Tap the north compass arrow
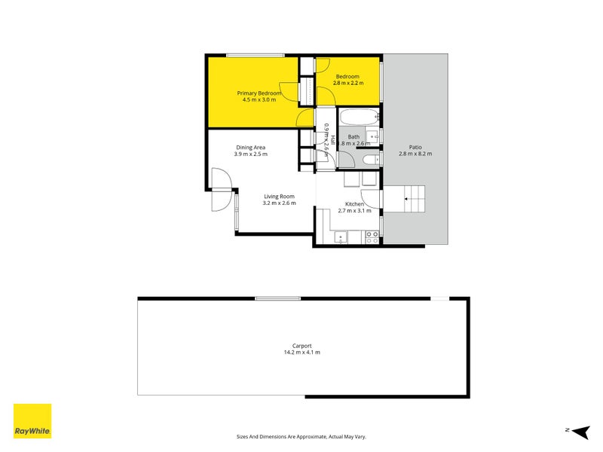click(x=578, y=431)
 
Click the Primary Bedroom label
click(x=259, y=93)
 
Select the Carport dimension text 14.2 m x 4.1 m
click(x=301, y=353)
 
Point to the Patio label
click(x=415, y=147)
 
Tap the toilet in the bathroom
click(x=370, y=160)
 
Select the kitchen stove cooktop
click(x=372, y=237)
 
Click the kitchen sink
click(x=340, y=237)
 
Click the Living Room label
click(x=279, y=196)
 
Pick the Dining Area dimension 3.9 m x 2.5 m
click(x=251, y=154)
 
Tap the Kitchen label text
click(x=354, y=204)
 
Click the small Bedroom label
click(x=347, y=76)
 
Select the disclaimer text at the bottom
click(x=301, y=436)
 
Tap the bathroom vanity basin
click(x=371, y=138)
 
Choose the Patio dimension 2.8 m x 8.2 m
click(x=415, y=154)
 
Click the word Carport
click(x=301, y=346)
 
